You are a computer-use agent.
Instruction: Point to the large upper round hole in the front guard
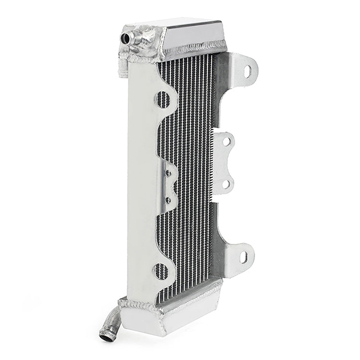tap(163, 99)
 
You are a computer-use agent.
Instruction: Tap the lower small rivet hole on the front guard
tap(168, 198)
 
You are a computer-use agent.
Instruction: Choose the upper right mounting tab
tap(242, 67)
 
